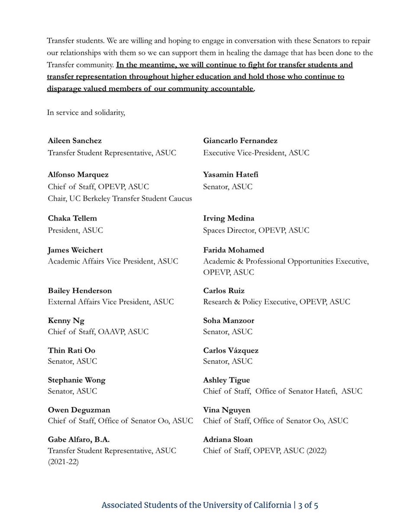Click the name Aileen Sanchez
[75, 141]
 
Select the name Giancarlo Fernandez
[240, 141]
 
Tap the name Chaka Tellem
[72, 218]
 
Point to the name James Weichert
[75, 250]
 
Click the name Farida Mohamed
[233, 250]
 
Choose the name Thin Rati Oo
[71, 350]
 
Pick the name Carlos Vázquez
[231, 350]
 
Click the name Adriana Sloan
[228, 439]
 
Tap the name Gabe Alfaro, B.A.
[79, 439]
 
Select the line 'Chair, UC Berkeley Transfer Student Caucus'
[120, 199]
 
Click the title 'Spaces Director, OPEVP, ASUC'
[256, 231]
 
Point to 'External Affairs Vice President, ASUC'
[111, 302]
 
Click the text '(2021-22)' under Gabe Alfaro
[65, 462]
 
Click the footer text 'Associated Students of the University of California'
[196, 505]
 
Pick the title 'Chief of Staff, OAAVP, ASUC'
[98, 332]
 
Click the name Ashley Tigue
[226, 380]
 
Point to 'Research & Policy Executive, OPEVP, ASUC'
[277, 302]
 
